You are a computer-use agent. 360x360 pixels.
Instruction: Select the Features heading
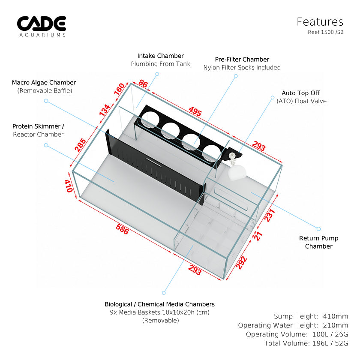click(320, 22)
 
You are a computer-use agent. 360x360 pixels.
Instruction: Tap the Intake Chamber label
click(160, 56)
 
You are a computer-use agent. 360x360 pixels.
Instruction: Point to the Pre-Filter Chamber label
click(242, 59)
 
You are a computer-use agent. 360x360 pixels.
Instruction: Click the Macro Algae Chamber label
click(44, 82)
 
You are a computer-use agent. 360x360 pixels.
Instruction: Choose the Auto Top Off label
click(300, 93)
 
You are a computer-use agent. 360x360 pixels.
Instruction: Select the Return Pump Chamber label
click(318, 242)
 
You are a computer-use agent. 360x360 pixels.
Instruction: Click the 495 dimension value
click(195, 112)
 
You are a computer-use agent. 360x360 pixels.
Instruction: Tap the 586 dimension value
click(122, 230)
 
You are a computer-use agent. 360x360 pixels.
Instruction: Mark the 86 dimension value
click(143, 84)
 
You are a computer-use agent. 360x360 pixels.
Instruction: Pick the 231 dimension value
click(269, 214)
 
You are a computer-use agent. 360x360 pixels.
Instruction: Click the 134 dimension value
click(104, 110)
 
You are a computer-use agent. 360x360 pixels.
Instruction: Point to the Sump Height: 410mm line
click(311, 316)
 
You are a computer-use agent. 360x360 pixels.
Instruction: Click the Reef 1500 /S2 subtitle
click(325, 32)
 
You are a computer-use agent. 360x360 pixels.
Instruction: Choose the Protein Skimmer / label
click(38, 126)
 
